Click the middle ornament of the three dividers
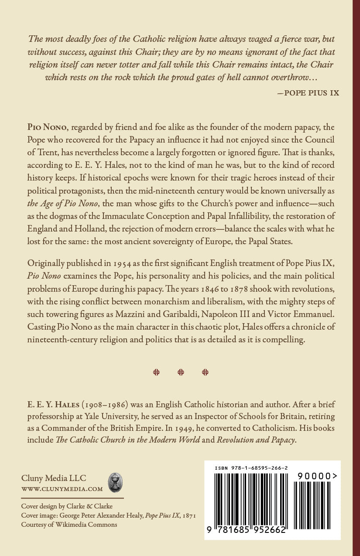coord(181,372)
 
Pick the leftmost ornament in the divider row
coord(156,372)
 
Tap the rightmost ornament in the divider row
coord(205,372)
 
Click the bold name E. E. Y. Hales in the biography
coord(50,404)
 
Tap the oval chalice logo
coord(115,482)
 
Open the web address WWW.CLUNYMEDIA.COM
coord(62,489)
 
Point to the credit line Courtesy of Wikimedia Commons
coord(69,525)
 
